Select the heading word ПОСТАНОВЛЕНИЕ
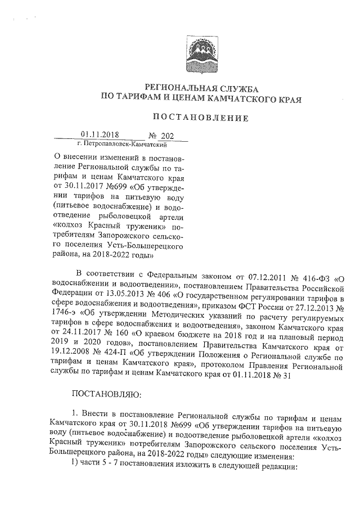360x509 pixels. (202, 118)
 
